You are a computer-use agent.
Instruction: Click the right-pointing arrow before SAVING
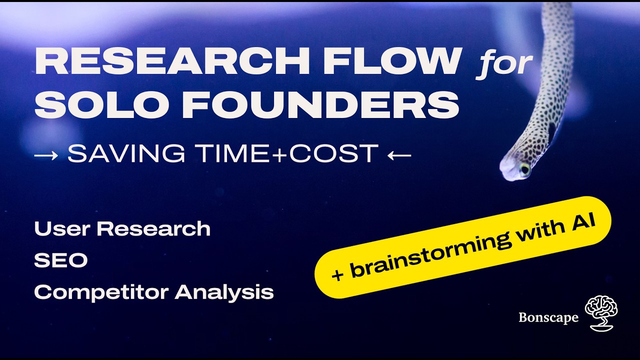[46, 155]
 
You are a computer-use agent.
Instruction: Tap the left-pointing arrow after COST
[399, 155]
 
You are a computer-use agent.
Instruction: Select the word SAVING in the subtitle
[126, 153]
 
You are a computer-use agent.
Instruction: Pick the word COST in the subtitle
[334, 153]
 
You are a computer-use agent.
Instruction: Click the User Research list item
[122, 228]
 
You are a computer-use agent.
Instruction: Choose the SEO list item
[61, 260]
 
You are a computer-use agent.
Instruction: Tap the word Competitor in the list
[101, 292]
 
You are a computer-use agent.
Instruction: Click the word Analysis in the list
[224, 292]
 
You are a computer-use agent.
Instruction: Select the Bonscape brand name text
[548, 317]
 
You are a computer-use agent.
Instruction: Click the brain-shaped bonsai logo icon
[601, 313]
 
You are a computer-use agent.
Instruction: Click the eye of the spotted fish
[525, 169]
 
